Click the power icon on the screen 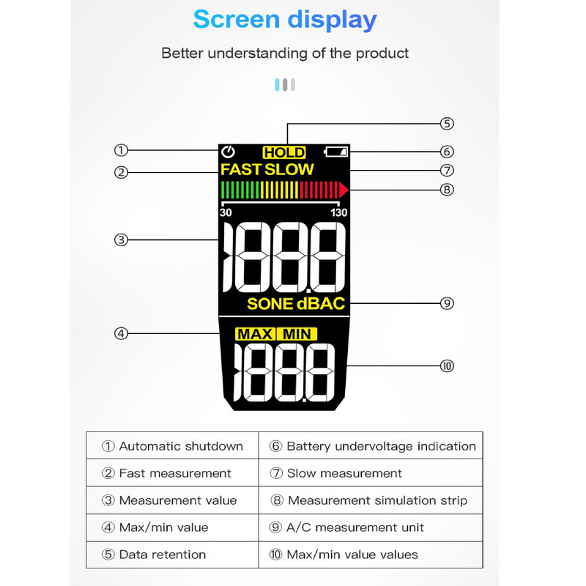click(228, 152)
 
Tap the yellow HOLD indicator click(284, 152)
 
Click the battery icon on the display click(335, 152)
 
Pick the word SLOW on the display click(289, 169)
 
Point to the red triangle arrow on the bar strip click(344, 190)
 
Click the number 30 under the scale click(226, 212)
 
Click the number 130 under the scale click(338, 212)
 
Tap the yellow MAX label click(255, 334)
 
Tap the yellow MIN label click(297, 334)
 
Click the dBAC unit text click(321, 304)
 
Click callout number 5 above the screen click(447, 124)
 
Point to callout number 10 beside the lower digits click(447, 366)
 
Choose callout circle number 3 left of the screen click(121, 240)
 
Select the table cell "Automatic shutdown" click(172, 446)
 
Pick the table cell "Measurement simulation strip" click(371, 500)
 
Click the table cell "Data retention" click(172, 555)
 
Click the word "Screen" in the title click(236, 20)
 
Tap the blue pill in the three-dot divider click(277, 85)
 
